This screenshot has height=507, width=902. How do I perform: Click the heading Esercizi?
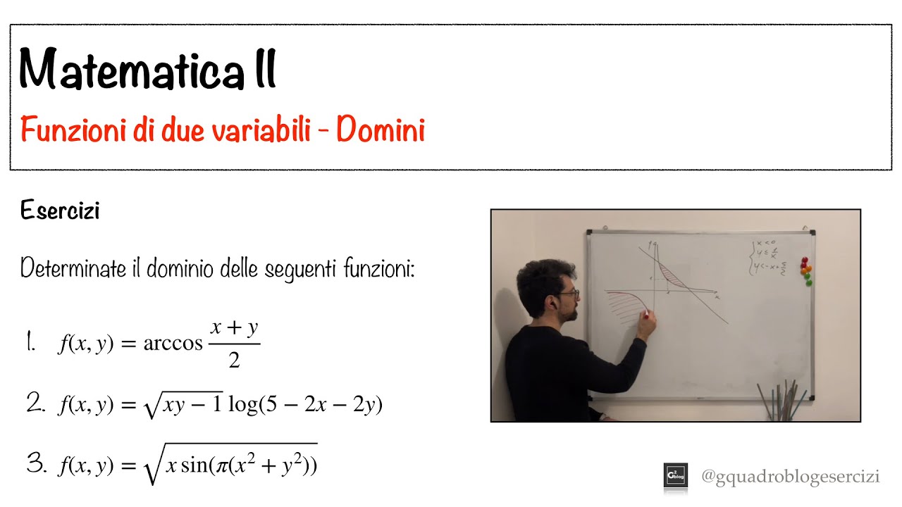click(x=60, y=211)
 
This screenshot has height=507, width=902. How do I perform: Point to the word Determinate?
click(x=68, y=268)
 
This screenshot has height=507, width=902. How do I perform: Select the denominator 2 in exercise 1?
click(x=234, y=361)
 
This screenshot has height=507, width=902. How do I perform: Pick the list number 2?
click(x=35, y=403)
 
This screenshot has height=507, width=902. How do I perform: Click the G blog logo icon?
click(x=675, y=476)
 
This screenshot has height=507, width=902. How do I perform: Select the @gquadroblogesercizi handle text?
click(x=790, y=477)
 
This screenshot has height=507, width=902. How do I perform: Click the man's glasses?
click(x=570, y=293)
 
